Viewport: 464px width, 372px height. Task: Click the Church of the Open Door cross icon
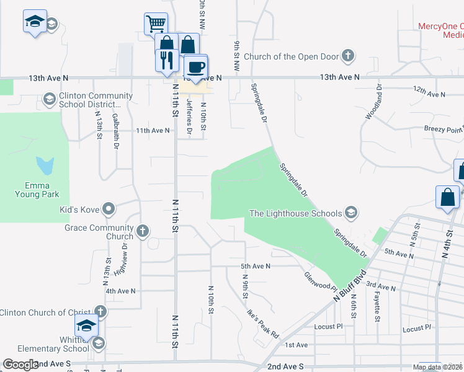coord(348,57)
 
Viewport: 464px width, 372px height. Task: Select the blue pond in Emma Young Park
coord(45,166)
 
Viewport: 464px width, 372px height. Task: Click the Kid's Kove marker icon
coord(109,210)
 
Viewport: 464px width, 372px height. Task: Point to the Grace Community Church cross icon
coord(143,232)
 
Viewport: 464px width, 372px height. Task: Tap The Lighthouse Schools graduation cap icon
coord(351,214)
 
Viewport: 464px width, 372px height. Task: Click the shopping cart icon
coord(156,24)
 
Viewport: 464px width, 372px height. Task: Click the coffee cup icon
coord(196,66)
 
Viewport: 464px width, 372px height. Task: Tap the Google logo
coord(20,365)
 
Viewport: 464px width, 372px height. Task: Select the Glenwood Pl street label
coord(319,282)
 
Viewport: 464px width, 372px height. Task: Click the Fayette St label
coord(377,309)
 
